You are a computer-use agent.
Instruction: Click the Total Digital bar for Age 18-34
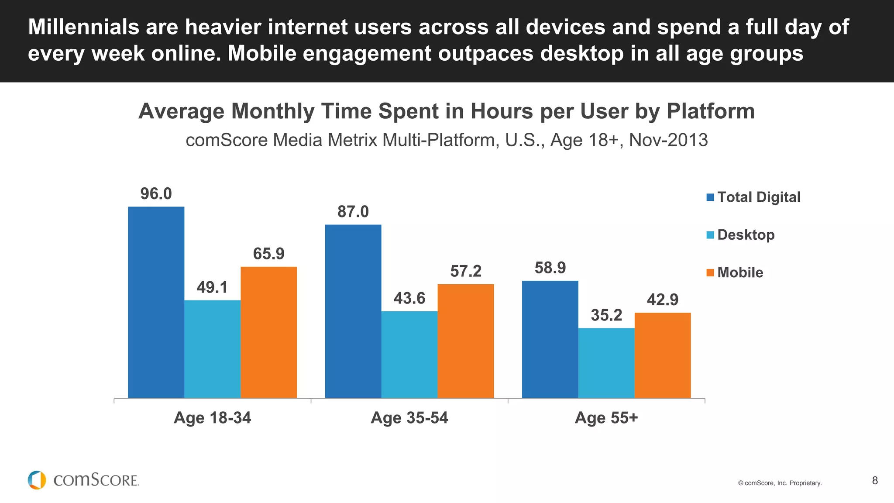[x=156, y=302]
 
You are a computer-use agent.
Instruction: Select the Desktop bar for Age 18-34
[x=212, y=349]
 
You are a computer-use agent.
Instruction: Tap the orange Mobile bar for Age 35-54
[x=465, y=341]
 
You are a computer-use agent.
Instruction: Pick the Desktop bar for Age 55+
[x=606, y=363]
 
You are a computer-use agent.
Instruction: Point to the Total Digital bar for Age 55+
[x=550, y=339]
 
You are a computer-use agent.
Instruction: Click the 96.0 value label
[x=156, y=194]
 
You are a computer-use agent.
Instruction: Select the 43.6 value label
[x=409, y=298]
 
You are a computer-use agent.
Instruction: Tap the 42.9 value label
[x=662, y=300]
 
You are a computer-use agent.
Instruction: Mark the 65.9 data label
[x=268, y=254]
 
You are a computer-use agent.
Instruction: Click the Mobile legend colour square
[x=710, y=273]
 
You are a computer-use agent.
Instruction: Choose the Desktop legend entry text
[x=746, y=235]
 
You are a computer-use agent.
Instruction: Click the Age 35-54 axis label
[x=409, y=418]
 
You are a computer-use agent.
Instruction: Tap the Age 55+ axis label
[x=606, y=418]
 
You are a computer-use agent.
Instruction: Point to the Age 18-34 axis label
[x=212, y=418]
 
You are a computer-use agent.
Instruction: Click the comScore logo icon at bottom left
[x=37, y=480]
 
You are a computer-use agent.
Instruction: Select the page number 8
[x=875, y=481]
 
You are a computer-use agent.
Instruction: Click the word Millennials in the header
[x=83, y=27]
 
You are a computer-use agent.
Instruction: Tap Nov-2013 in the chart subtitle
[x=668, y=140]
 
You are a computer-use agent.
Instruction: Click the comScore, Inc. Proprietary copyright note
[x=780, y=483]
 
